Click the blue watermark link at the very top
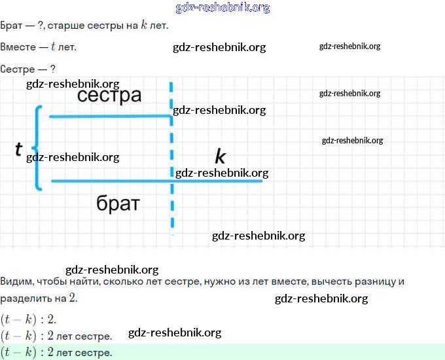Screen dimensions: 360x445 coord(222,8)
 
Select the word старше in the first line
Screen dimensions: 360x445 coord(75,26)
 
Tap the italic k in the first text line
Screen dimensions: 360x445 coord(144,26)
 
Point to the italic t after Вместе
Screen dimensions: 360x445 coord(52,48)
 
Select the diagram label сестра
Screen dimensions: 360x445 coord(109,96)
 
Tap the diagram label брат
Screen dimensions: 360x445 coord(118,203)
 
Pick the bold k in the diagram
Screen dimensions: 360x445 coord(220,157)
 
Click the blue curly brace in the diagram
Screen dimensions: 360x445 coord(38,148)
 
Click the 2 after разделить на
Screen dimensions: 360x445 coord(74,298)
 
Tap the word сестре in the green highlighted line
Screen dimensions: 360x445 coord(97,352)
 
